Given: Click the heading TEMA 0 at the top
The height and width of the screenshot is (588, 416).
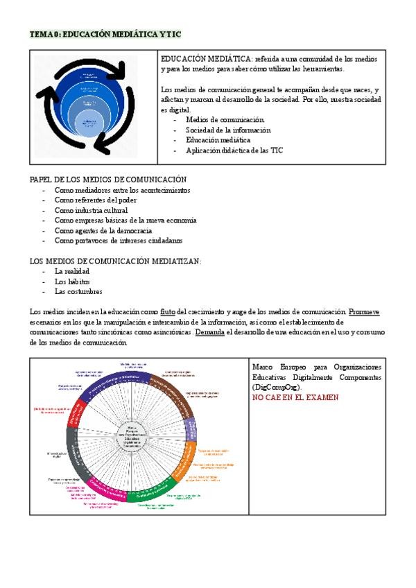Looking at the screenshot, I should point(105,34).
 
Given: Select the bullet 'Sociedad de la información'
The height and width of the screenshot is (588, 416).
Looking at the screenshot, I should point(228,130).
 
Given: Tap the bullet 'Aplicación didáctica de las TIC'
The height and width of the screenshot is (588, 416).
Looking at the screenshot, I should point(234,150).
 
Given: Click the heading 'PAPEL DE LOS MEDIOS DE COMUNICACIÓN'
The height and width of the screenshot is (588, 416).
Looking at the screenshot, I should point(108,180).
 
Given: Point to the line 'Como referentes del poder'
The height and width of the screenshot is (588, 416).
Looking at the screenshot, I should point(101,200).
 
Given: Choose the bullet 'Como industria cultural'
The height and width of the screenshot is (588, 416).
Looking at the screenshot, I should point(91,210).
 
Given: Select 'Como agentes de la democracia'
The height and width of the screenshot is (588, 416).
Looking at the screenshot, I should point(103,230).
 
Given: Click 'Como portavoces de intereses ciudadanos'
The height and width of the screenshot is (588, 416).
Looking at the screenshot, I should point(119,241).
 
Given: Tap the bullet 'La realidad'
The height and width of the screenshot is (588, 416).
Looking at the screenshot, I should point(72,271).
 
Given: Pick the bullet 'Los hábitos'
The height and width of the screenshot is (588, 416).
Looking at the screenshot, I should point(72,282).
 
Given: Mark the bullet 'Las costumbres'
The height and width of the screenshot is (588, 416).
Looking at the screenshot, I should point(78,292).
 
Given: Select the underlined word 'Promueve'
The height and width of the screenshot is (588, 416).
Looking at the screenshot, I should point(365,312).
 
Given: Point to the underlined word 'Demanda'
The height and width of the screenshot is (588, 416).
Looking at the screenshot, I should point(209,332).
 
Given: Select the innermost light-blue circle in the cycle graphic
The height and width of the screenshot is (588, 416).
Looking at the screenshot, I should point(88,125).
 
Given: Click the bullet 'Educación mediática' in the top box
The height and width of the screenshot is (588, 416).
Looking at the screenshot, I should point(218,140).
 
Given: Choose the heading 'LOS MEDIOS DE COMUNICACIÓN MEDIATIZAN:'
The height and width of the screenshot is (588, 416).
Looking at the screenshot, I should point(115,261).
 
